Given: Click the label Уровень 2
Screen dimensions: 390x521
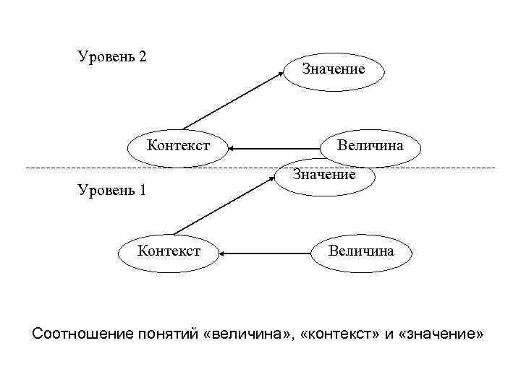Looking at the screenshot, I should [112, 56].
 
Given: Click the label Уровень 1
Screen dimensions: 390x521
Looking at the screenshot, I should [111, 191].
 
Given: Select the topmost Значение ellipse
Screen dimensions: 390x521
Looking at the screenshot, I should [333, 69].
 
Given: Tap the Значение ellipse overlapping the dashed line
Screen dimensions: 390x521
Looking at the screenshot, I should [324, 175].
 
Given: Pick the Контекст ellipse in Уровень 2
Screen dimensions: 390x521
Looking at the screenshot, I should [178, 146].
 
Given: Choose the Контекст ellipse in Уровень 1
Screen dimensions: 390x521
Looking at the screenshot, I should [169, 251].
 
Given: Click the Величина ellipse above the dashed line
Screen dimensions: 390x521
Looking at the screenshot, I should [370, 146].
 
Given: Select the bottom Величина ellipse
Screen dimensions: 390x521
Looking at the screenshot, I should [361, 251].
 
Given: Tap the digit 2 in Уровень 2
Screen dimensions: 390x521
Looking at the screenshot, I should [143, 56].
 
